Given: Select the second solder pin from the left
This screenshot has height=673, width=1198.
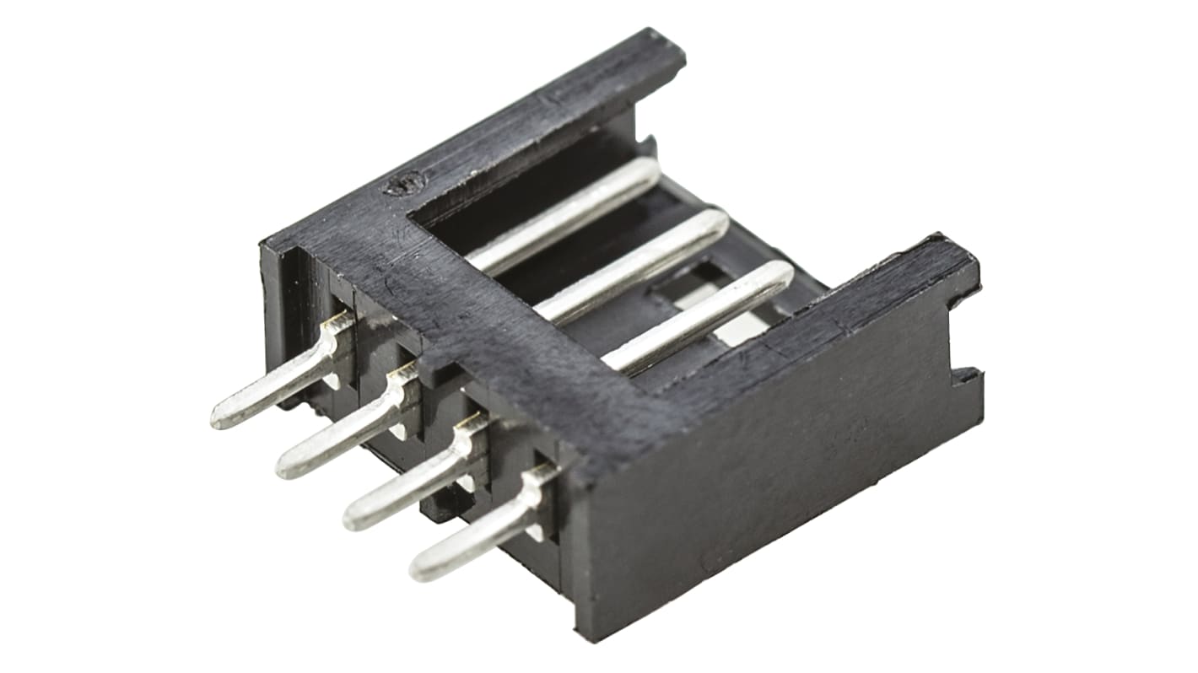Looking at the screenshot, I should (342, 434).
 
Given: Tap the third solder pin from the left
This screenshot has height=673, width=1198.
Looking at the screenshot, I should (409, 485).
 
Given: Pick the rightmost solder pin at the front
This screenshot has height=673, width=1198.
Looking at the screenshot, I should (477, 536).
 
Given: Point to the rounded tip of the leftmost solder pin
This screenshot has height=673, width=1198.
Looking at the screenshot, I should (221, 417).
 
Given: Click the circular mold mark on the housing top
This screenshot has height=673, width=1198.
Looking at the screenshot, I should (402, 186).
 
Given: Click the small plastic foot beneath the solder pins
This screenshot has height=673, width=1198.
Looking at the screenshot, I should (439, 506).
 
